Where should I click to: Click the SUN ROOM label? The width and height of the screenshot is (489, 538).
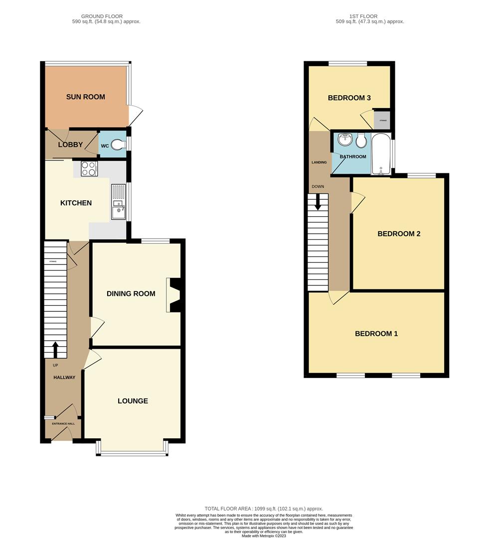coord(86,97)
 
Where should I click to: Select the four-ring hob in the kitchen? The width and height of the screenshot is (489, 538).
coord(88,169)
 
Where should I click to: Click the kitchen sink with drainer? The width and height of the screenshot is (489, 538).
coord(119,202)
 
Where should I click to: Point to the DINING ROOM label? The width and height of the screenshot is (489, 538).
coord(131,293)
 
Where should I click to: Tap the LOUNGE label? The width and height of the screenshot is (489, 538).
coord(133,401)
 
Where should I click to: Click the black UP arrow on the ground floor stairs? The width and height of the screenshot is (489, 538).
coord(55,350)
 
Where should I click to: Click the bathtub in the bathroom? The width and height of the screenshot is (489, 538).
coord(382,154)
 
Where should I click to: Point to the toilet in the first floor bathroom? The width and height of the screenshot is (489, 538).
coord(361,141)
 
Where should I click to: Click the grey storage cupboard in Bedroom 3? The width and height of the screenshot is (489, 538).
coord(382,120)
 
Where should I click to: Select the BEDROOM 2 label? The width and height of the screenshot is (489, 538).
coord(399,233)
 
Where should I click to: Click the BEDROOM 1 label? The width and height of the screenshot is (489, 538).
coord(376,333)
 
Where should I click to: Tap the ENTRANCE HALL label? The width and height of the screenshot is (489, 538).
coord(63,423)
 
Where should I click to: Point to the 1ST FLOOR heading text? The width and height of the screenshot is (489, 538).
coord(369,16)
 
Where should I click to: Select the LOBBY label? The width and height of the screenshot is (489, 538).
coord(70,145)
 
